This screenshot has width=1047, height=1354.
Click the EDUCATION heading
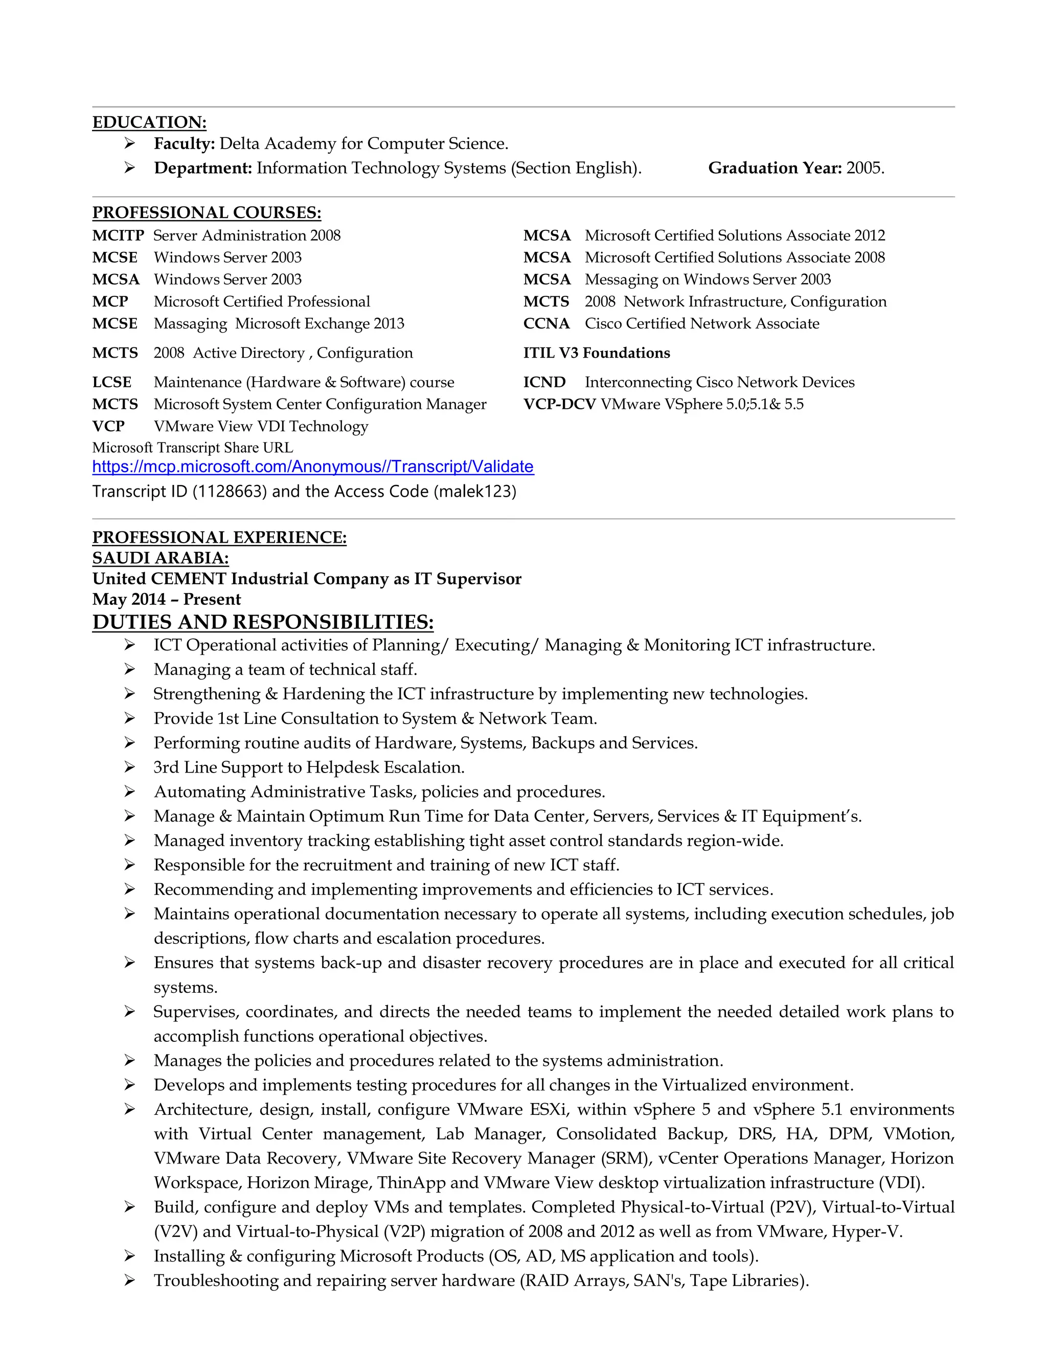pyautogui.click(x=149, y=122)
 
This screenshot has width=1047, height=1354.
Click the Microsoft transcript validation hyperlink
pyautogui.click(x=312, y=467)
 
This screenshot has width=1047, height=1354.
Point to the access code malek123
pyautogui.click(x=474, y=492)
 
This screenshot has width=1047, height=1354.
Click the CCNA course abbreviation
pyautogui.click(x=546, y=323)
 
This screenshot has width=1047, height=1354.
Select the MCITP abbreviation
pyautogui.click(x=118, y=236)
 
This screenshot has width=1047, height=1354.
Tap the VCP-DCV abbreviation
pyautogui.click(x=559, y=404)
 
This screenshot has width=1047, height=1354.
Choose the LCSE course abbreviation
pyautogui.click(x=111, y=383)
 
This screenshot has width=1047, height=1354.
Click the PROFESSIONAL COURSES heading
pyautogui.click(x=207, y=213)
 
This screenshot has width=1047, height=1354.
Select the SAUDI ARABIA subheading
pyautogui.click(x=160, y=558)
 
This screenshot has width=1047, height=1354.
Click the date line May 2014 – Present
pyautogui.click(x=166, y=599)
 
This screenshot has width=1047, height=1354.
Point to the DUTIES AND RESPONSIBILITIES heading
pyautogui.click(x=262, y=622)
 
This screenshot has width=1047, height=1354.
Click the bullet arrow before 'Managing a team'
pyautogui.click(x=129, y=669)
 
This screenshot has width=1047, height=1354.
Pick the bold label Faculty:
pyautogui.click(x=184, y=144)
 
